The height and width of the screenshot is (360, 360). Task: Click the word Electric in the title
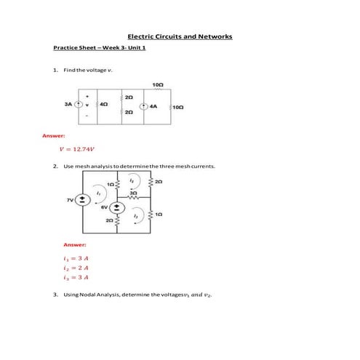click(x=142, y=36)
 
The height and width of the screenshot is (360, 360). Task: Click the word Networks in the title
click(x=215, y=36)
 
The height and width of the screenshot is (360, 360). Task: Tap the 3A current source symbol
click(x=78, y=105)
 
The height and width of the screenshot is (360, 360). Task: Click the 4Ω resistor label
click(x=103, y=105)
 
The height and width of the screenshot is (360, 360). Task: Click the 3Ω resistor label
click(x=132, y=192)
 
